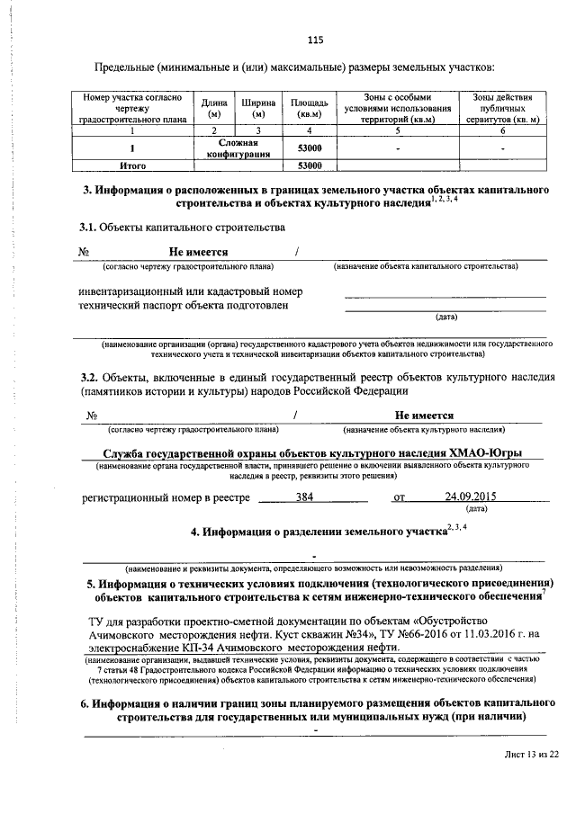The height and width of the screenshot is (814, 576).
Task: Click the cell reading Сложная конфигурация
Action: point(238,148)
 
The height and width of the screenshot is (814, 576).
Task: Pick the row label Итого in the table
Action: point(133,166)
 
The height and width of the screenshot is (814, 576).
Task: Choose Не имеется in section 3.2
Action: point(424,416)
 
